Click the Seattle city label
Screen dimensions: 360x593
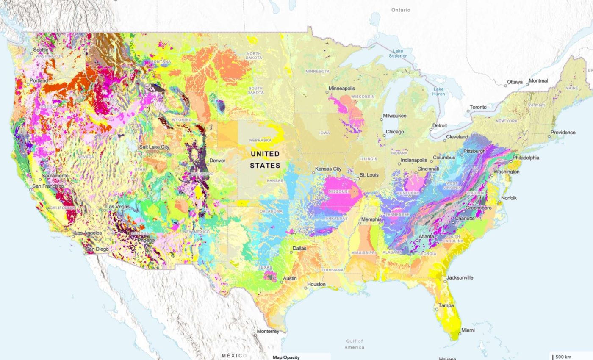coord(41,50)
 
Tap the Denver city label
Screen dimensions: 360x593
coord(217,161)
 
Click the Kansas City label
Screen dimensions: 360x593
coord(327,169)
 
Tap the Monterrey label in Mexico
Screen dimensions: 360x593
coord(267,332)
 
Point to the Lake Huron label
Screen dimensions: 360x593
coord(438,91)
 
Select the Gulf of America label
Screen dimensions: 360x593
coord(354,344)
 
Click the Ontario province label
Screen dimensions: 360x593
coord(401,10)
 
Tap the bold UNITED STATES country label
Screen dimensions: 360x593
coord(265,159)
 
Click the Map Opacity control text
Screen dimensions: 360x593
coord(286,357)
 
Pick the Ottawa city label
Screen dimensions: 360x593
coord(515,82)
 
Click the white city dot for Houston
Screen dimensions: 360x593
coord(305,288)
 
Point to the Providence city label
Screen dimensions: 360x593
coord(563,133)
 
